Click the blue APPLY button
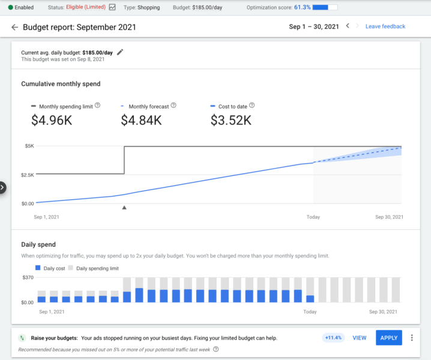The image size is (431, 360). click(x=388, y=338)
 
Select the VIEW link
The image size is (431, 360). click(x=359, y=338)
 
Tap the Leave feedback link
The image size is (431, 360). click(x=385, y=26)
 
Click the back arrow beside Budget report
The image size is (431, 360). click(x=14, y=27)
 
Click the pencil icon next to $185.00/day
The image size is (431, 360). click(x=120, y=52)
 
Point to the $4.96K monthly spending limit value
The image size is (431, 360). click(x=51, y=121)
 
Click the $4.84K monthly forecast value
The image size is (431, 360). click(x=141, y=121)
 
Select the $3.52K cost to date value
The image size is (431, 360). click(x=231, y=121)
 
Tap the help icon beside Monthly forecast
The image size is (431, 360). click(x=173, y=106)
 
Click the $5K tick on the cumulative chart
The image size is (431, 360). click(x=29, y=146)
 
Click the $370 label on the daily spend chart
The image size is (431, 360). click(x=28, y=278)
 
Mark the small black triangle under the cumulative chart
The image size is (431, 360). click(x=124, y=208)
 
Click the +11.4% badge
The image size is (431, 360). click(x=333, y=338)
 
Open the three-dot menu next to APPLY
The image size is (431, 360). click(x=412, y=338)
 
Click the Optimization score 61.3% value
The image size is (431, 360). click(x=302, y=8)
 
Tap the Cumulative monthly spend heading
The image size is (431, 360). click(x=61, y=84)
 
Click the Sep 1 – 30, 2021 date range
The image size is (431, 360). click(x=313, y=26)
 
